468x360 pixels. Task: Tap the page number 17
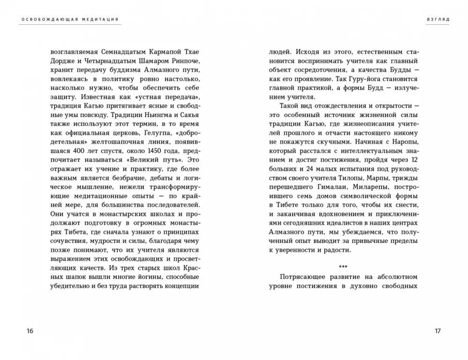pos(438,331)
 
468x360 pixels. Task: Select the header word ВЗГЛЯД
pos(438,20)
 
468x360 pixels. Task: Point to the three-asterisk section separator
pos(344,266)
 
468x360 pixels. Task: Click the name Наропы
pos(405,141)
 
